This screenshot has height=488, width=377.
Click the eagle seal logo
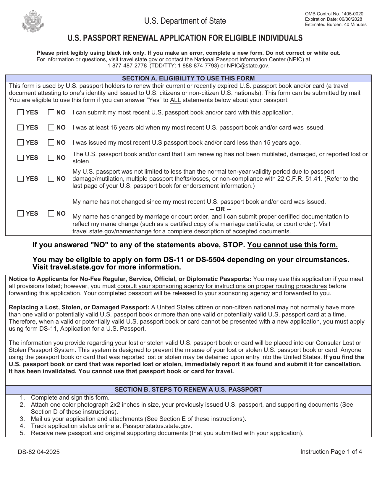click(33, 21)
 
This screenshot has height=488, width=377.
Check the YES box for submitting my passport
click(21, 112)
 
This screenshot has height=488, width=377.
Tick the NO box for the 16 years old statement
click(51, 127)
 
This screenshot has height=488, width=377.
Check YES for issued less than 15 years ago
click(21, 143)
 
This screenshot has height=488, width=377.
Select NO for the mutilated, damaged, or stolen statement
click(51, 158)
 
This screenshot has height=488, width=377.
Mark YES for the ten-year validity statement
click(21, 179)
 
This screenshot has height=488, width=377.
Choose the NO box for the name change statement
click(51, 214)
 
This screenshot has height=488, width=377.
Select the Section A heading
click(188, 78)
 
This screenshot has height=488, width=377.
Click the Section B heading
click(188, 390)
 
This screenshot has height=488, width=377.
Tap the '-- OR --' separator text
click(220, 209)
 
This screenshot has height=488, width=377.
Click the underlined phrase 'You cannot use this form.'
click(292, 245)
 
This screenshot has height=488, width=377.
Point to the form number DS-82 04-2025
click(39, 452)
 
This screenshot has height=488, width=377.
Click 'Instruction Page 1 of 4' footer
click(331, 452)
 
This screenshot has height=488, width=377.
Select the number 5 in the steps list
click(22, 433)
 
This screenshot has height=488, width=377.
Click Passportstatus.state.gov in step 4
click(157, 426)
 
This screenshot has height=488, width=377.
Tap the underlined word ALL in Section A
click(175, 100)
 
